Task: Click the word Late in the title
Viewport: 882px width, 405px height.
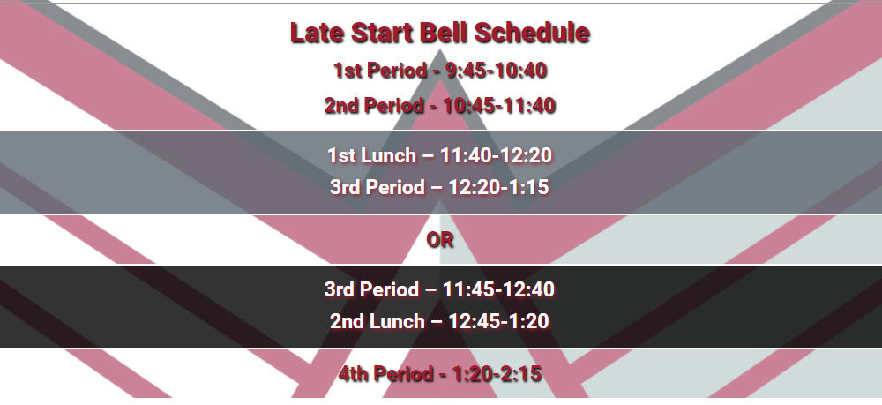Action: pos(318,33)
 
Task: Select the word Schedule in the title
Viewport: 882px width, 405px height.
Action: pos(532,33)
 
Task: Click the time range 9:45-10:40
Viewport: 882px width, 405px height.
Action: pos(497,71)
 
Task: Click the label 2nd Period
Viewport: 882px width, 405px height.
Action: pos(373,106)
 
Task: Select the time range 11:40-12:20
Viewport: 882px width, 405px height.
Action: pos(496,155)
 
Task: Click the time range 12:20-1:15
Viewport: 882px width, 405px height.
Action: pos(499,187)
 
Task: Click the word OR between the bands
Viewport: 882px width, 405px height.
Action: pos(440,240)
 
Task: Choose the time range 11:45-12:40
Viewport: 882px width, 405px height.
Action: pos(499,289)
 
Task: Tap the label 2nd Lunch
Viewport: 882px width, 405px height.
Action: pos(377,321)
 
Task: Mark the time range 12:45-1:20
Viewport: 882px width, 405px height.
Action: pos(499,321)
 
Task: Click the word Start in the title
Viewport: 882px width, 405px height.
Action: pos(382,33)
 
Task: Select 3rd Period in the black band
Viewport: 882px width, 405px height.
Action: pos(372,289)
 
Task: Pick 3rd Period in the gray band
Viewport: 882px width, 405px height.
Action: pos(377,187)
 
